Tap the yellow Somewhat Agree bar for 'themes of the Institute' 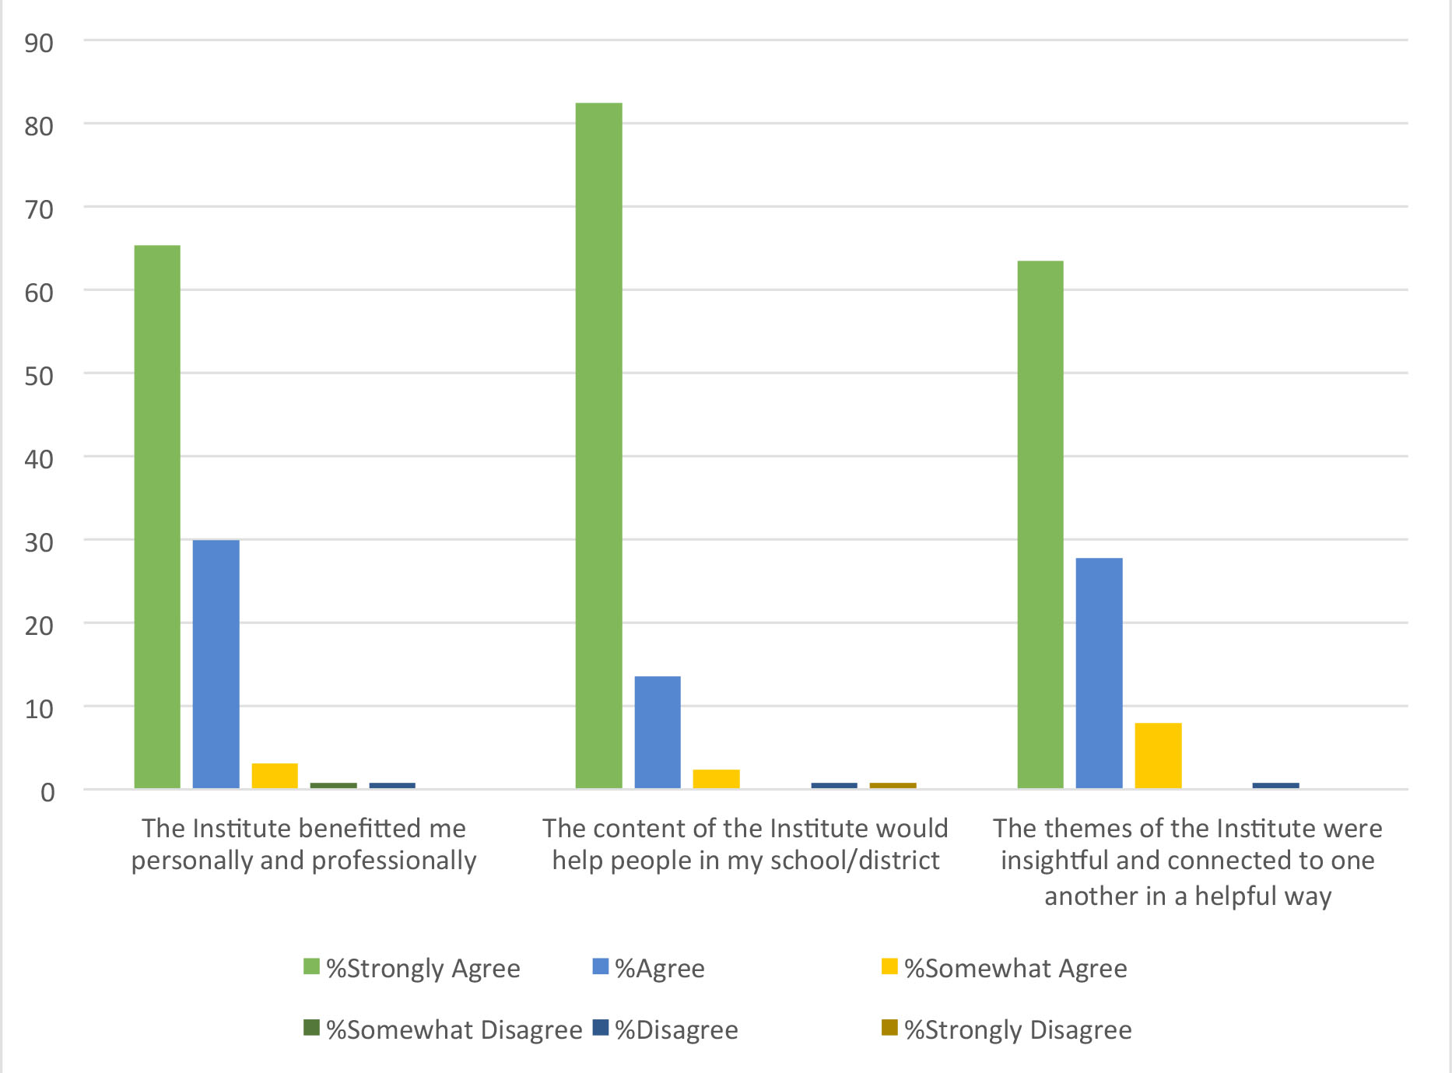click(1158, 756)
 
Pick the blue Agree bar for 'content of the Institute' click(658, 732)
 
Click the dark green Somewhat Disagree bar click(333, 785)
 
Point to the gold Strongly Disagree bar click(893, 785)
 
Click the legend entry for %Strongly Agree click(412, 969)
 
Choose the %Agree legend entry click(649, 969)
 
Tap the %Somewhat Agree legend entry click(1005, 969)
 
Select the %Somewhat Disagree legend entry click(443, 1030)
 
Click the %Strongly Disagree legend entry click(1007, 1030)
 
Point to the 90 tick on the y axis click(39, 44)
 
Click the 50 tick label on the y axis click(39, 377)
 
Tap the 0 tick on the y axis click(47, 793)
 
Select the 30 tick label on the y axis click(39, 543)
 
